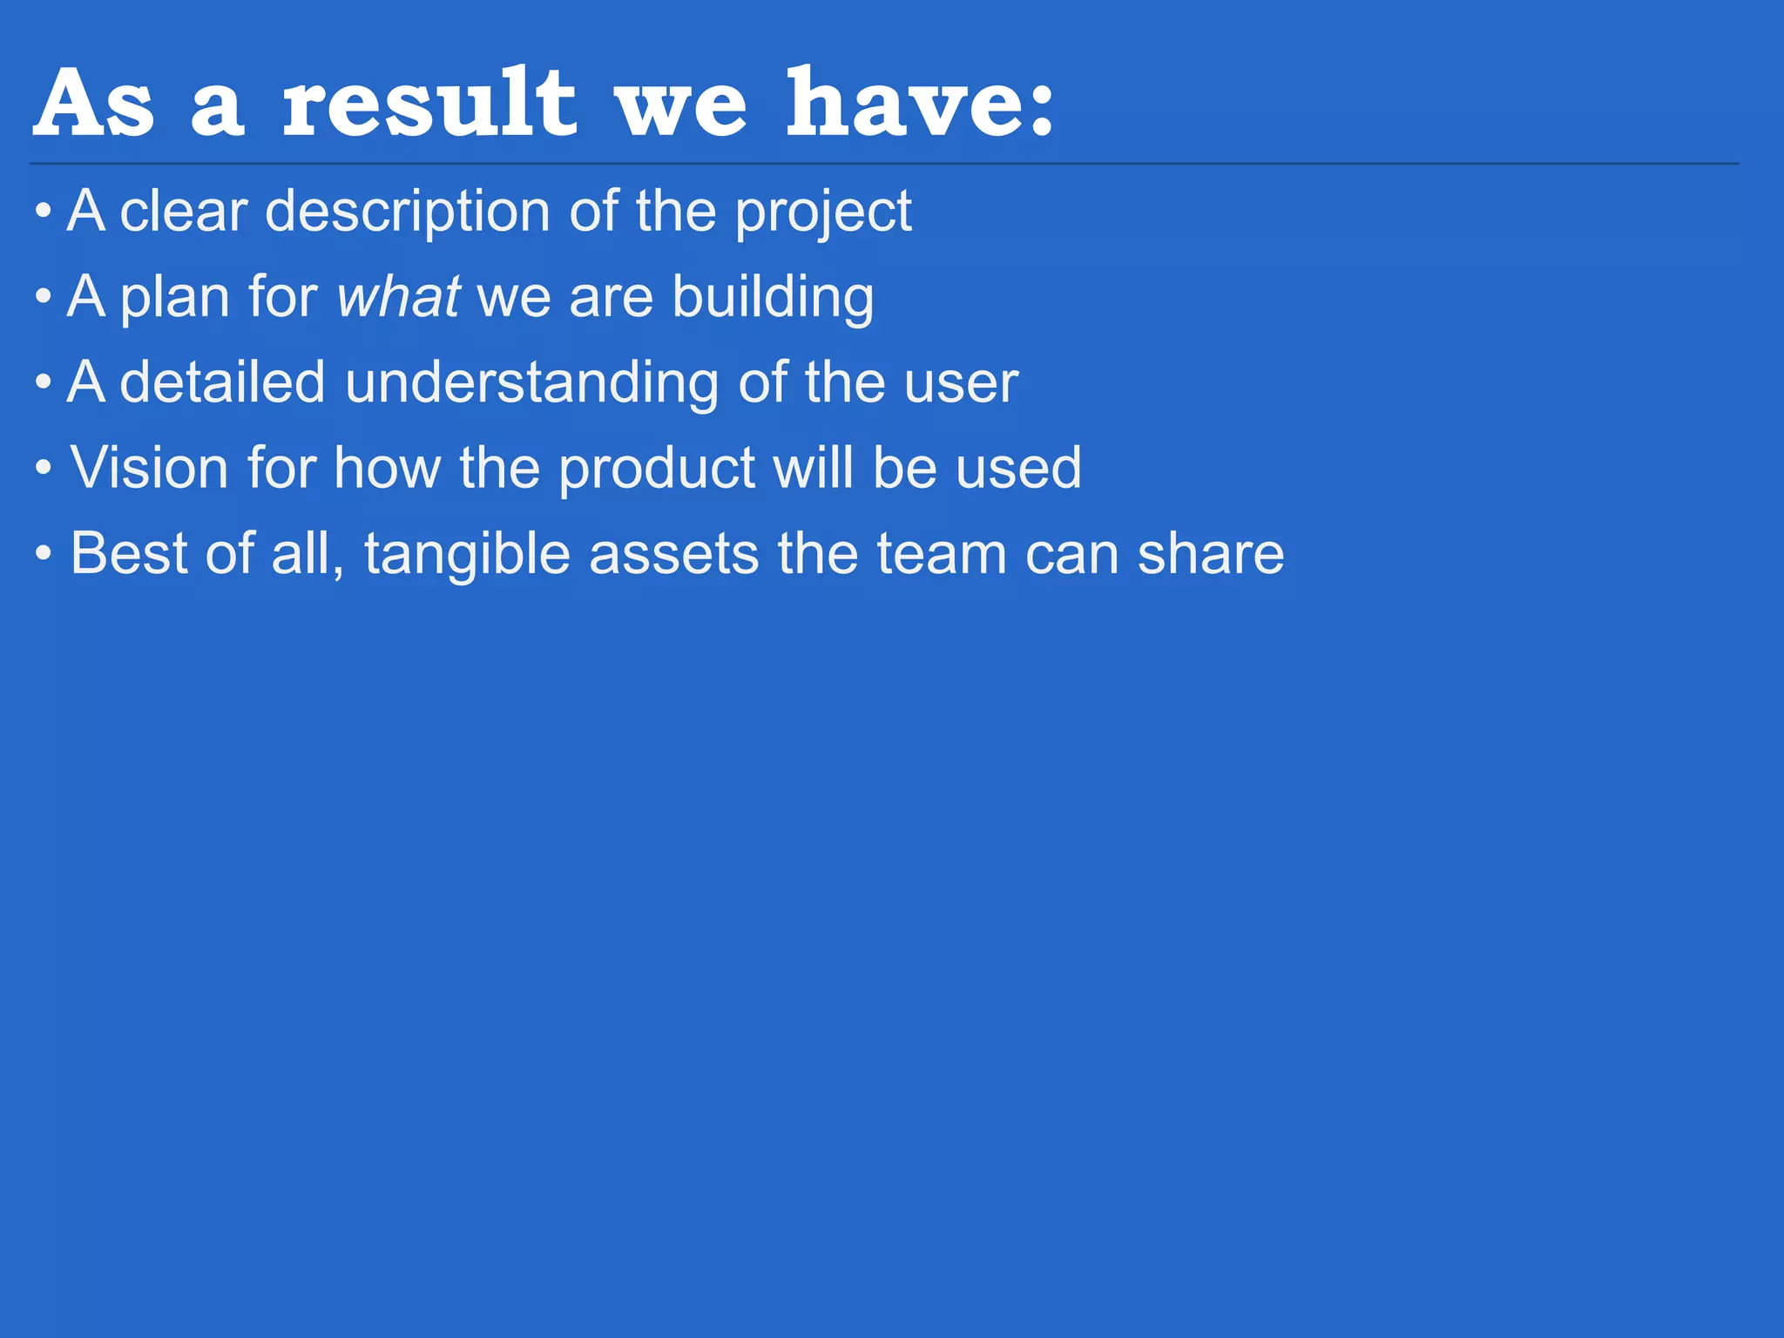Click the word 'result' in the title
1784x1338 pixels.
(429, 105)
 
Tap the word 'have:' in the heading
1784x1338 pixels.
(921, 105)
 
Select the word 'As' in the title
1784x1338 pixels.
(94, 105)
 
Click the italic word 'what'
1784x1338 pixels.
(398, 297)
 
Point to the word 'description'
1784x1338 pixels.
(407, 212)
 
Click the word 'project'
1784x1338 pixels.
(823, 212)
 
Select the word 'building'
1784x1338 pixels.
(773, 297)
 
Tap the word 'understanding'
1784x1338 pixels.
(531, 382)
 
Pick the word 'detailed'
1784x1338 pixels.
(222, 382)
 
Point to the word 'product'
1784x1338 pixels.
(657, 468)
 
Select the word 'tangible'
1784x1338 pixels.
(467, 554)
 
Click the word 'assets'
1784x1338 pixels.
(674, 554)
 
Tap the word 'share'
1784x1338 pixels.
(1211, 554)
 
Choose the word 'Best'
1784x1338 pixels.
(129, 554)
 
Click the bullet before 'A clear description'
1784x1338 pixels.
(44, 212)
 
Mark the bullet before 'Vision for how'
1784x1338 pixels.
(44, 468)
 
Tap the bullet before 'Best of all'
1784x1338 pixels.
(44, 554)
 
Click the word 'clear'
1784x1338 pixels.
(184, 212)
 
